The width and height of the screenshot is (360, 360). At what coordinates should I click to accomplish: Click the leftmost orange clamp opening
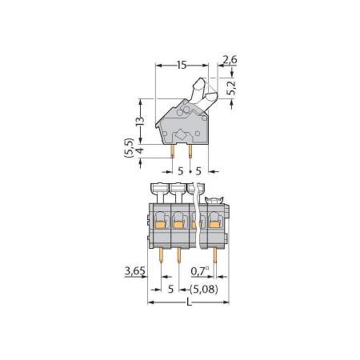[x=160, y=225]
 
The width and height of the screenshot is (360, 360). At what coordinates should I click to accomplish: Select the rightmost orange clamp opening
[x=214, y=225]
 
